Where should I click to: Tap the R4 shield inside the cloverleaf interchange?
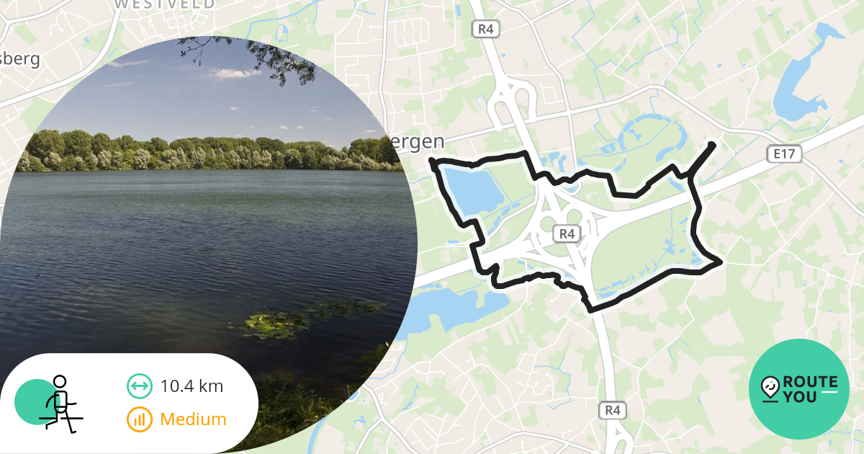point(567,233)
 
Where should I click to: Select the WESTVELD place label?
point(164,4)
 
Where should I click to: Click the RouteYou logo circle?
point(799,389)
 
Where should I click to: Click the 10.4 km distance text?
point(192,386)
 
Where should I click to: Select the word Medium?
point(193,419)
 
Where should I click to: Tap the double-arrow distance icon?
point(139,386)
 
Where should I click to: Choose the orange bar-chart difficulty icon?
point(139,419)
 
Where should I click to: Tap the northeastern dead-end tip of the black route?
point(713,145)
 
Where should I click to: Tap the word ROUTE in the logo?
point(810,382)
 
